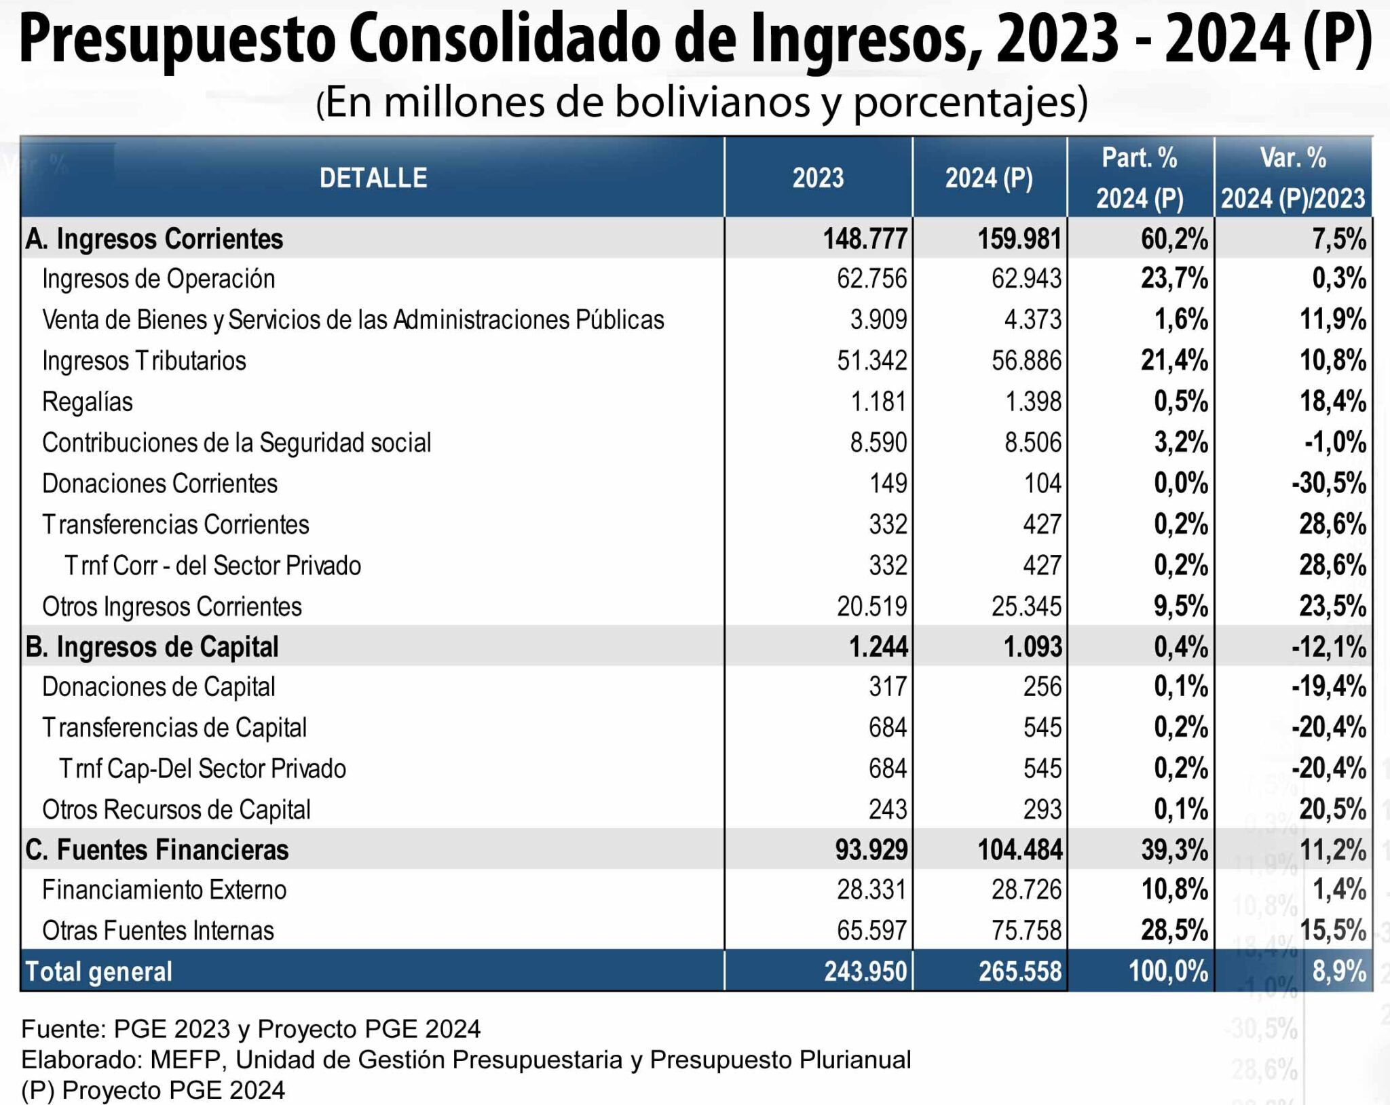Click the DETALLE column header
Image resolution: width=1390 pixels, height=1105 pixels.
373,178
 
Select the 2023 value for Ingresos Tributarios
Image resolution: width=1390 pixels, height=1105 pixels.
871,360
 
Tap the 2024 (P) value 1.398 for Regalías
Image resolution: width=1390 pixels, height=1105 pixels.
1032,402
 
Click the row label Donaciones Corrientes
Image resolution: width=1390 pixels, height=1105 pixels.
159,484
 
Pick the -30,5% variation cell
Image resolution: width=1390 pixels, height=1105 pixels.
1328,484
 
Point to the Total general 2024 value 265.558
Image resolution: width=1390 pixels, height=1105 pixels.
1019,971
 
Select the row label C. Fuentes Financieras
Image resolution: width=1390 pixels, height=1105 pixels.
157,849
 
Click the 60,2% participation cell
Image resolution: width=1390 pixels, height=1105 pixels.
1174,239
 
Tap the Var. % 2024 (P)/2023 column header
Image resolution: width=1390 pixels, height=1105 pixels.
1293,178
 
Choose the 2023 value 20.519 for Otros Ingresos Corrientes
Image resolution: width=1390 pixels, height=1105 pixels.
871,606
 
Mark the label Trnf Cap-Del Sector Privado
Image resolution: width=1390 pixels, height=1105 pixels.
202,769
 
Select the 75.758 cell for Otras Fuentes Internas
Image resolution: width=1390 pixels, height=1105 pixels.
1026,930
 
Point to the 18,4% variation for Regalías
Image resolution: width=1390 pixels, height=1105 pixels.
1332,402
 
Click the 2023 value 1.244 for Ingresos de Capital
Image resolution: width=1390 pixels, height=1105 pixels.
878,646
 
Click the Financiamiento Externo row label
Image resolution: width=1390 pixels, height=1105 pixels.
164,889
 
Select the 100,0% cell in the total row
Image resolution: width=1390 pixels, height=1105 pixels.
1168,971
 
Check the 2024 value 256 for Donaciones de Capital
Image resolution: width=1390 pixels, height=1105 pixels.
1042,686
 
